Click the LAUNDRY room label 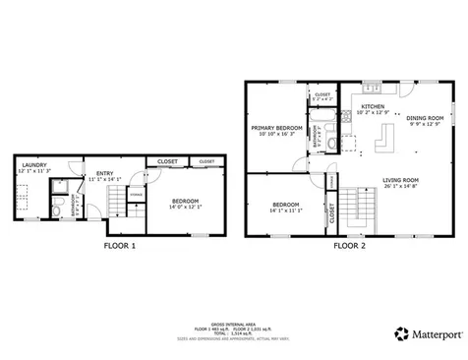click(35, 164)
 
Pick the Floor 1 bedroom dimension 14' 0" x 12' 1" click(186, 207)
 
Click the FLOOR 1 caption click(120, 246)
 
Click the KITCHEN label click(373, 106)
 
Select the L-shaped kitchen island click(380, 148)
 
